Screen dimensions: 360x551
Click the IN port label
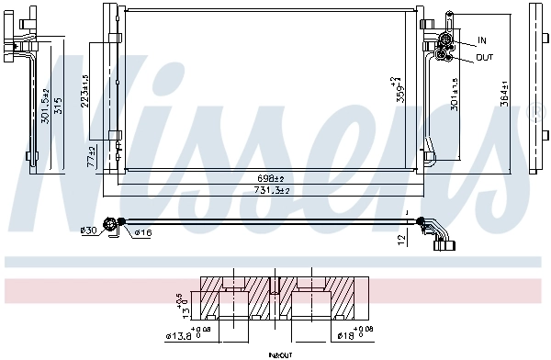click(x=483, y=41)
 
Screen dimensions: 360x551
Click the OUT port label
click(x=485, y=58)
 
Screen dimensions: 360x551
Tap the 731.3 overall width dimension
click(x=272, y=190)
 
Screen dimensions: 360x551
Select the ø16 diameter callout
click(x=143, y=233)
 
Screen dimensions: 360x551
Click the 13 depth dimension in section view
click(x=183, y=302)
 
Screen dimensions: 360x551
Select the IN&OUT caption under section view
click(x=280, y=354)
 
